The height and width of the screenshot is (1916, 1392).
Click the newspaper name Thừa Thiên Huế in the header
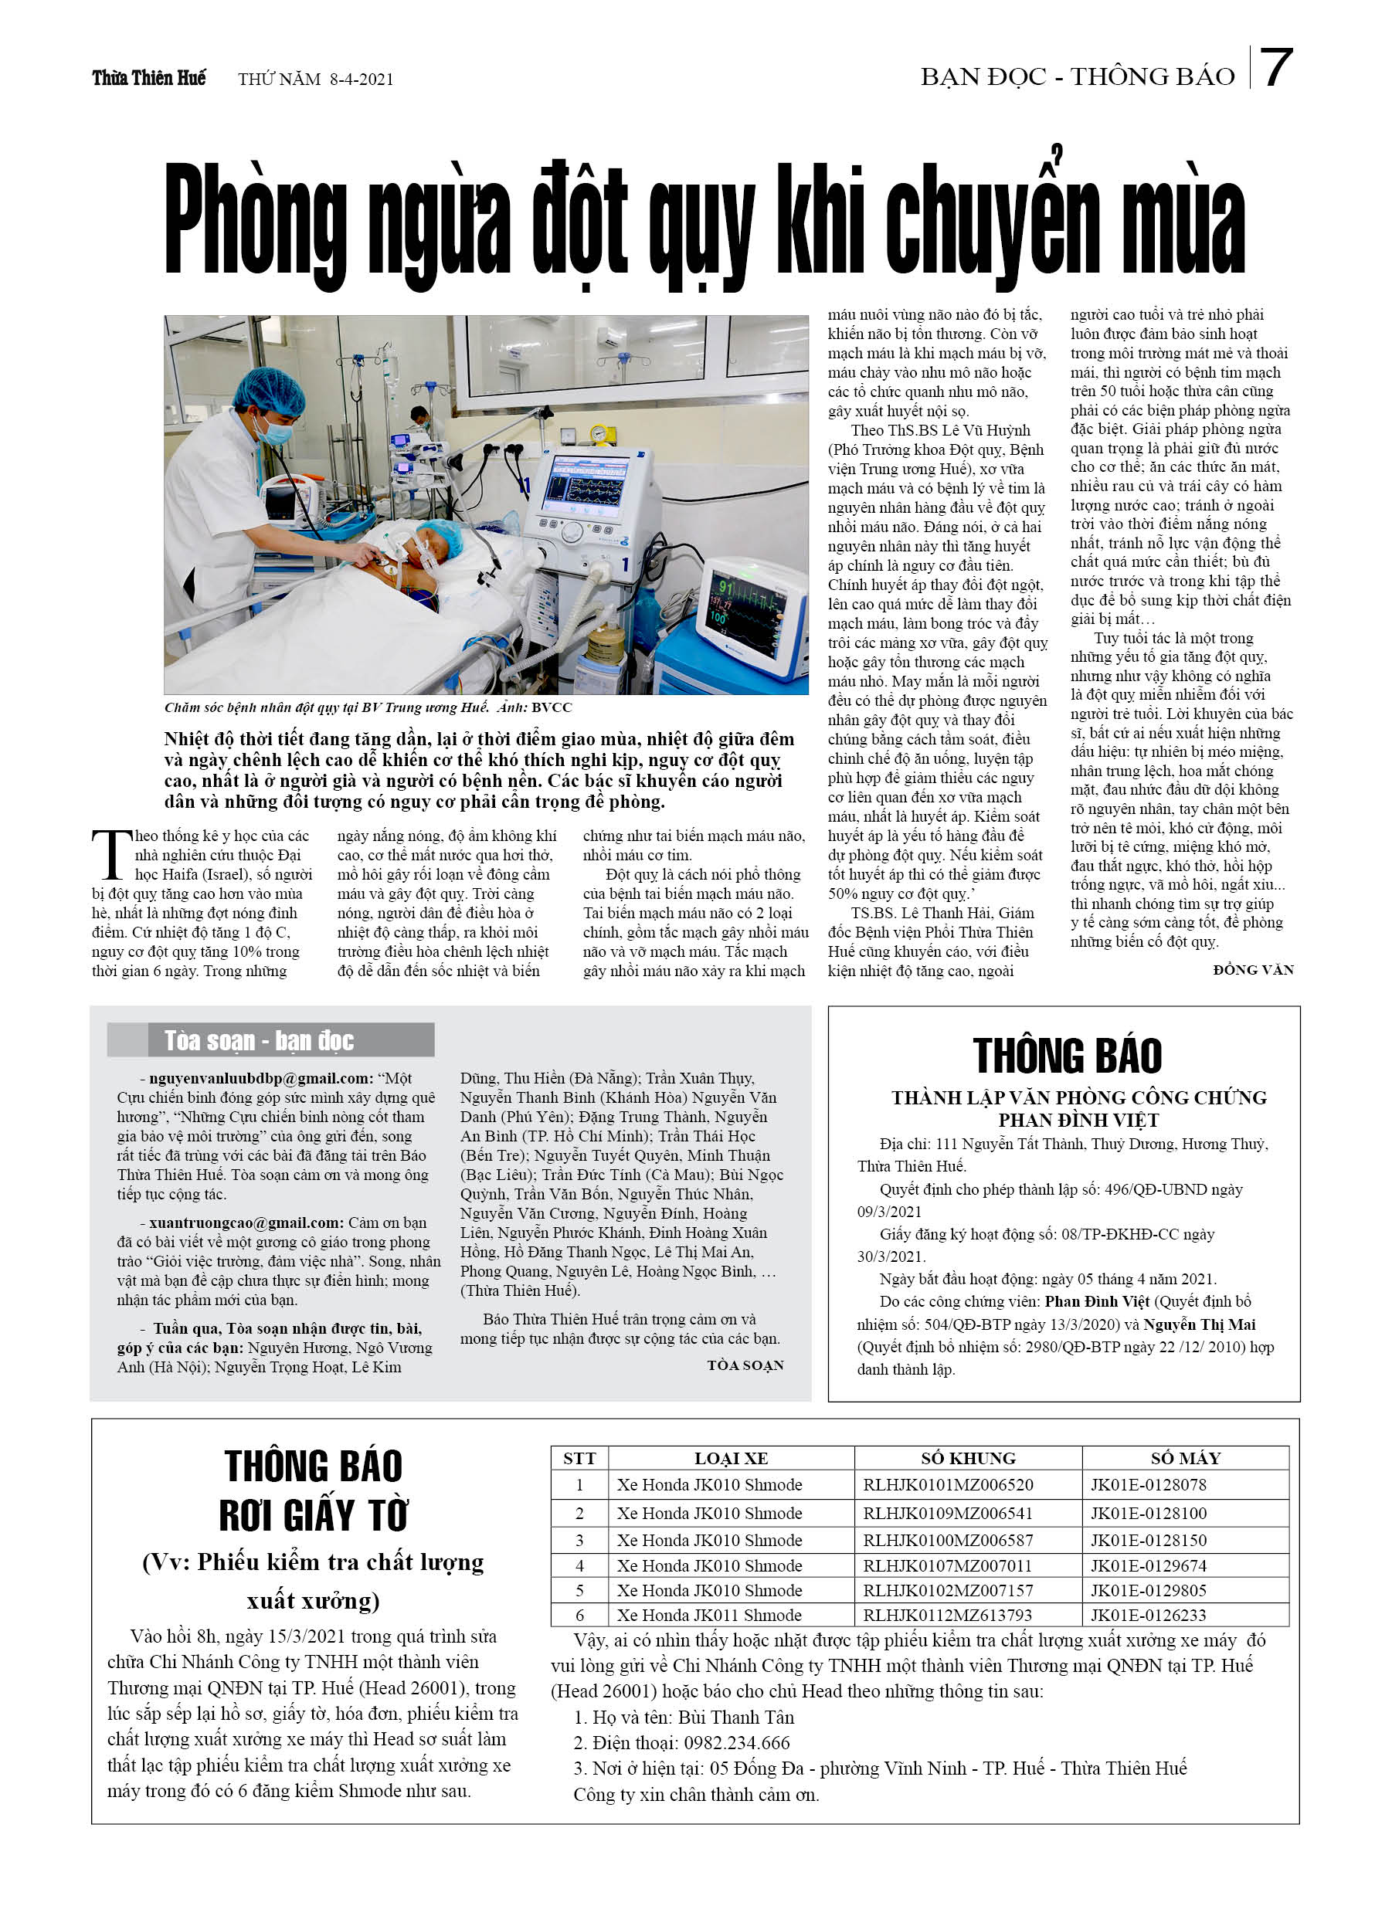coord(149,79)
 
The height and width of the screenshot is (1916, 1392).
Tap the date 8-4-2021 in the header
coord(362,80)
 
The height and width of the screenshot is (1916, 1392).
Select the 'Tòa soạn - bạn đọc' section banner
coord(270,1040)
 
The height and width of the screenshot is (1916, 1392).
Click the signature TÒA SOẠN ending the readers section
coord(745,1365)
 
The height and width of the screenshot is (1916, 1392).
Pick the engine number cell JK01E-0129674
coord(1148,1565)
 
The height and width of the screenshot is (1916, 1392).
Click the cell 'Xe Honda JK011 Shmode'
coord(708,1616)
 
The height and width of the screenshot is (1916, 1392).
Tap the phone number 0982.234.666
coord(736,1743)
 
